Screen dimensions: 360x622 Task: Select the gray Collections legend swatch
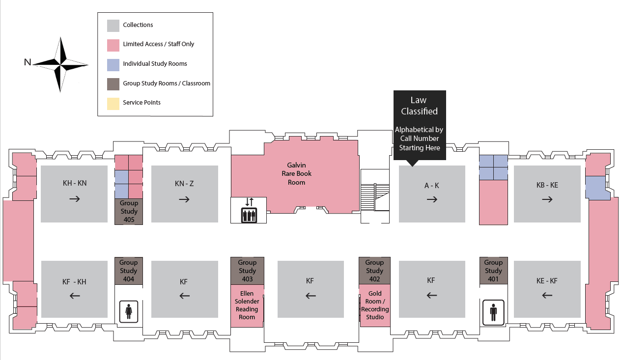coord(113,26)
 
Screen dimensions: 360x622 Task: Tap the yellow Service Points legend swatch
coord(113,103)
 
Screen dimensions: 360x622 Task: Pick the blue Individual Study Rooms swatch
coord(113,64)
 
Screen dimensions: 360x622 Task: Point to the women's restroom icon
coord(129,311)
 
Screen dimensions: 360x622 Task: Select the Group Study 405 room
coord(129,212)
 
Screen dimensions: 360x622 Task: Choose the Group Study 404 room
coord(129,271)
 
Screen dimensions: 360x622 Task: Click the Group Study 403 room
coord(247,271)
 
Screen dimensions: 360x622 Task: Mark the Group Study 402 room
coord(374,271)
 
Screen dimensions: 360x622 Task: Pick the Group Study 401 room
coord(493,271)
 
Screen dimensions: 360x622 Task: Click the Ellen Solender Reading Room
coord(247,305)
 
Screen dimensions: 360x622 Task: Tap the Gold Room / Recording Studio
coord(375,305)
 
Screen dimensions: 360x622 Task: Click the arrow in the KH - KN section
coord(74,199)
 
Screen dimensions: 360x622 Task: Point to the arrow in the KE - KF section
coord(546,295)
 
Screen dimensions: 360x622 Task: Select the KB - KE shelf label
coord(547,186)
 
